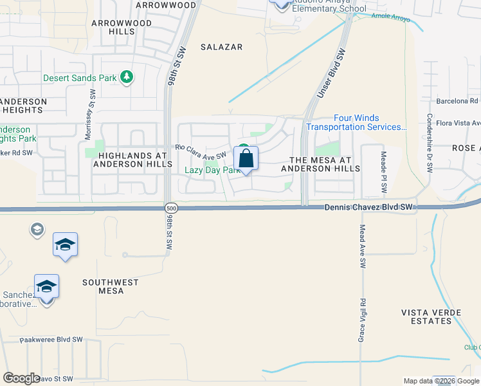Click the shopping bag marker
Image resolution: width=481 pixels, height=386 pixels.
(246, 158)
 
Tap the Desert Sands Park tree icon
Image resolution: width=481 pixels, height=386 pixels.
(127, 78)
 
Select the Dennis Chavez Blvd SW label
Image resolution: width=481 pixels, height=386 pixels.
(368, 207)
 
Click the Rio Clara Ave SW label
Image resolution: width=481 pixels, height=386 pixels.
(201, 151)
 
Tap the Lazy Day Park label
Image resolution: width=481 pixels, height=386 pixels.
(212, 170)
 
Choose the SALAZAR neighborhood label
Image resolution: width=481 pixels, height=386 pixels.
(221, 47)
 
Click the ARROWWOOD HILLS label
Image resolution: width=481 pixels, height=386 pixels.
(122, 27)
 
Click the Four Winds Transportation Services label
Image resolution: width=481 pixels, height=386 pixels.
(356, 122)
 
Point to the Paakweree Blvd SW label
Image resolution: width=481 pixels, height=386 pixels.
(52, 339)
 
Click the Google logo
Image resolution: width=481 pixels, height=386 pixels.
(21, 378)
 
